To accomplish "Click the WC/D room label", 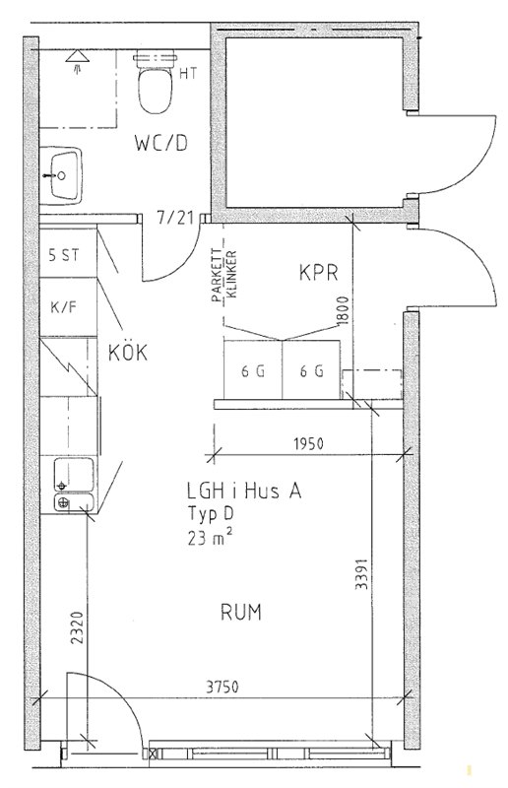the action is point(160,143).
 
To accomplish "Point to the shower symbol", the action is point(78,61).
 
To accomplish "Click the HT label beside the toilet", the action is point(188,74).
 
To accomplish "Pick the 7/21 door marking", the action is point(175,218).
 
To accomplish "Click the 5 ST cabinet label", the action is point(64,255).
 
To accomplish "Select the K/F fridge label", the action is point(65,306).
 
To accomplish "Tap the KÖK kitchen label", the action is point(128,352).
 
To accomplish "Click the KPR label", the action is point(319,273).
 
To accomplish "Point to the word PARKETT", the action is point(217,276).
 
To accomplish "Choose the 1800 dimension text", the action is point(344,310).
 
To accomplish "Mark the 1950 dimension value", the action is point(308,444).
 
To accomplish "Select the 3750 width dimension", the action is point(222,687).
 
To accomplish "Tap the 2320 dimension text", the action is point(77,627).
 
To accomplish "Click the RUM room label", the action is point(241,613).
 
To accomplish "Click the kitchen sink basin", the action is point(74,475).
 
